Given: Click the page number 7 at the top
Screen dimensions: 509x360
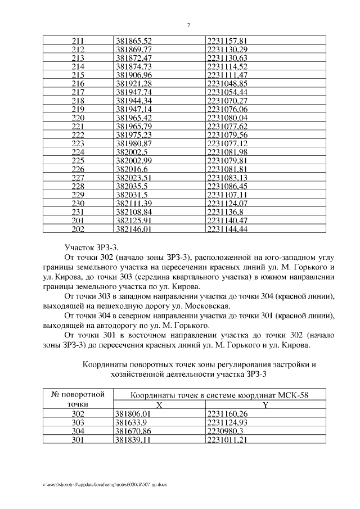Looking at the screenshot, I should click(188, 25).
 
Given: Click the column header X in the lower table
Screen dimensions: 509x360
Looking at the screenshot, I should click(159, 404).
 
